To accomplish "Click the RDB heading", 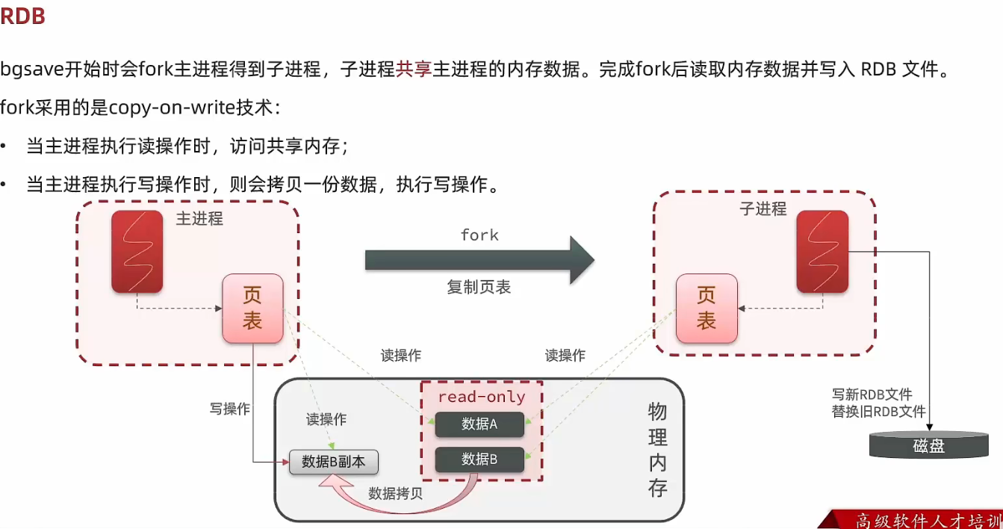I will click(x=23, y=16).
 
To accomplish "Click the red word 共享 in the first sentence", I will click(x=414, y=70).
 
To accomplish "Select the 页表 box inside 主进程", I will click(x=252, y=309).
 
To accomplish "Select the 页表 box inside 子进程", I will click(x=706, y=309).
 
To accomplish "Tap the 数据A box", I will click(x=479, y=424).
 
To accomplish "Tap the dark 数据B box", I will click(x=479, y=459).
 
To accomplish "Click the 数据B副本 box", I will click(x=333, y=462).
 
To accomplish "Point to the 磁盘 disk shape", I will click(x=928, y=445).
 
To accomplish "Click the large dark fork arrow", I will click(x=478, y=260).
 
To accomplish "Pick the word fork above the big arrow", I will click(x=479, y=235).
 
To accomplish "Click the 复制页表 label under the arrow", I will click(x=479, y=288).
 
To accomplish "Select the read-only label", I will click(x=481, y=397).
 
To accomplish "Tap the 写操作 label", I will click(x=230, y=409).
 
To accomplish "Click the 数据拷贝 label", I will click(x=395, y=493).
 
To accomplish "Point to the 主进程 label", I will click(x=199, y=219).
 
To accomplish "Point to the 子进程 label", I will click(x=763, y=209).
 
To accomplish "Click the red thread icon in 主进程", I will click(x=137, y=251).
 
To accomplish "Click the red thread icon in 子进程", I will click(x=822, y=251).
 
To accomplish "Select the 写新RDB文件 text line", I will click(x=872, y=395).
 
